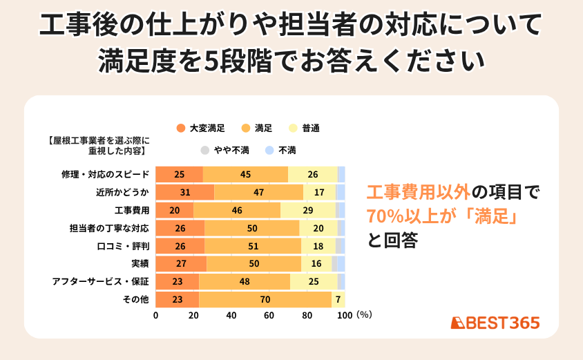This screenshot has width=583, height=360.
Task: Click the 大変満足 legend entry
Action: click(201, 128)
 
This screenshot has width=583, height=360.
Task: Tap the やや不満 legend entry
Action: click(221, 150)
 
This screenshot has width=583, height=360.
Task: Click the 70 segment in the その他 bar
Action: click(265, 299)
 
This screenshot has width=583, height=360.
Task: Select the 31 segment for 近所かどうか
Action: click(184, 192)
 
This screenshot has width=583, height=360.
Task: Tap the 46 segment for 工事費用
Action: click(237, 210)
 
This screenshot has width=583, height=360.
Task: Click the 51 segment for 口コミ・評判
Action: click(253, 246)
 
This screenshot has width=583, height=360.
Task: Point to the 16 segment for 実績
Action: click(316, 263)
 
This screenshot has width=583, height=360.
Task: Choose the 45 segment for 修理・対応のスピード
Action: click(245, 174)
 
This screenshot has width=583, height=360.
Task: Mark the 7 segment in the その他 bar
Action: click(338, 299)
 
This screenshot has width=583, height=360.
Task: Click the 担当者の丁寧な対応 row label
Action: click(110, 228)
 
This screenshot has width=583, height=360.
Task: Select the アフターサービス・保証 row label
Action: click(101, 281)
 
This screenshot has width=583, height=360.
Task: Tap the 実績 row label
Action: click(140, 263)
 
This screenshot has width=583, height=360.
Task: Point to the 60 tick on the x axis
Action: click(269, 316)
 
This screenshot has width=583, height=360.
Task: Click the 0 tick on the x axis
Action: click(155, 316)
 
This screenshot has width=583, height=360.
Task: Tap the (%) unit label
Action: click(365, 316)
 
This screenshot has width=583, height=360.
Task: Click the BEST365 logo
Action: click(495, 323)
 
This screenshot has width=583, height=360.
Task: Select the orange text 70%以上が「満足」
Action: click(442, 216)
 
